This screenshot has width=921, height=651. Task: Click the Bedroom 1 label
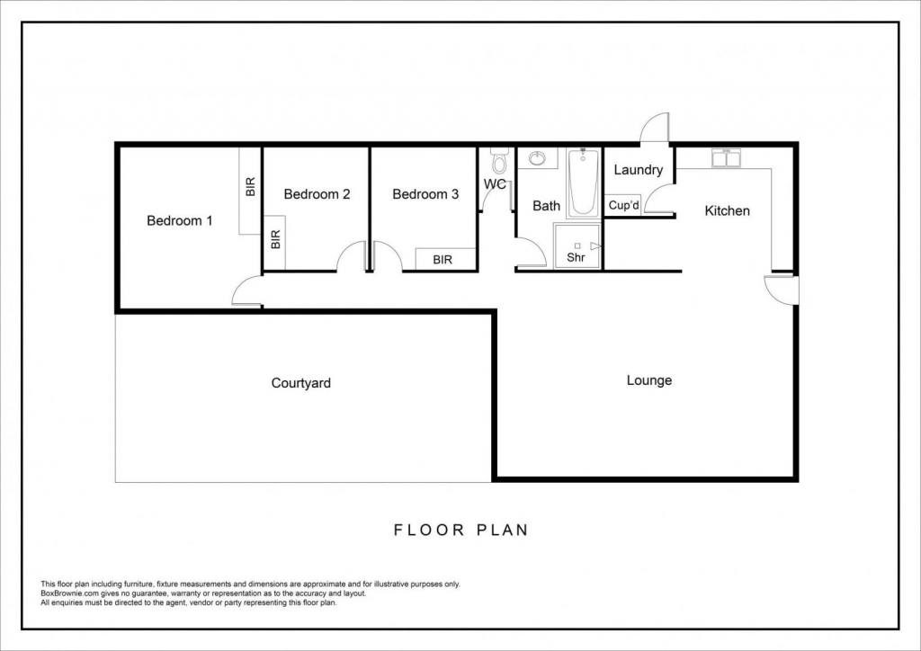point(179,220)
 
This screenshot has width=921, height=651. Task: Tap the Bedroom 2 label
point(317,193)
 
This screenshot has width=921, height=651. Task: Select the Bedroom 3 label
point(425,193)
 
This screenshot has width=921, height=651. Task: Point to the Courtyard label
point(300,383)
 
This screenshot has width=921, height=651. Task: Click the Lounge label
point(649,380)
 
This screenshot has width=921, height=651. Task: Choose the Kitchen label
point(727,210)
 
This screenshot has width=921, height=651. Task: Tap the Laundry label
point(639,170)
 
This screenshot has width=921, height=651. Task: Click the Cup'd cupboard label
point(624,205)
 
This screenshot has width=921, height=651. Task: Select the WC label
point(496,184)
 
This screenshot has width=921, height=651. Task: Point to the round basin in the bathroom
point(538,158)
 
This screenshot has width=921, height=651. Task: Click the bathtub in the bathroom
point(583,183)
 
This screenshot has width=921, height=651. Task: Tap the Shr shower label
point(576,257)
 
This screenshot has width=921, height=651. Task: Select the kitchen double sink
point(727,157)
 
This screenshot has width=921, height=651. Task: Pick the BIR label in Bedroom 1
point(251,187)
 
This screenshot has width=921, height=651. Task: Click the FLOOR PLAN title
point(461,531)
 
